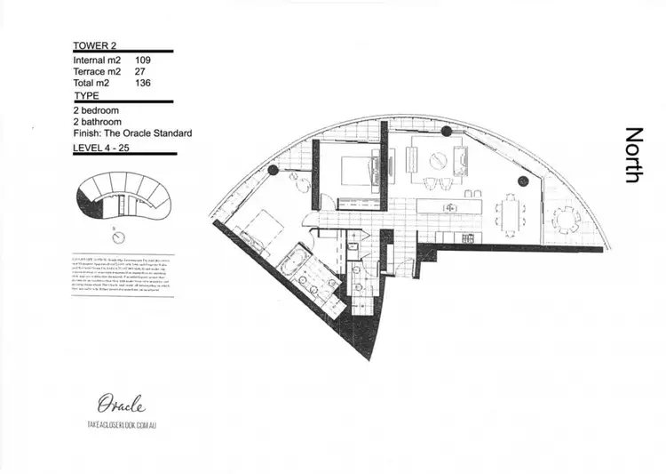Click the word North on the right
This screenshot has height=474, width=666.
tap(633, 155)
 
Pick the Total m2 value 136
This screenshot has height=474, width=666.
tap(142, 83)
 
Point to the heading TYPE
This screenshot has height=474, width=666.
tap(87, 94)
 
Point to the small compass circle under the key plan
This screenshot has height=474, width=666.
tap(118, 237)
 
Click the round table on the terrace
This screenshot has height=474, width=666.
tap(564, 216)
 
